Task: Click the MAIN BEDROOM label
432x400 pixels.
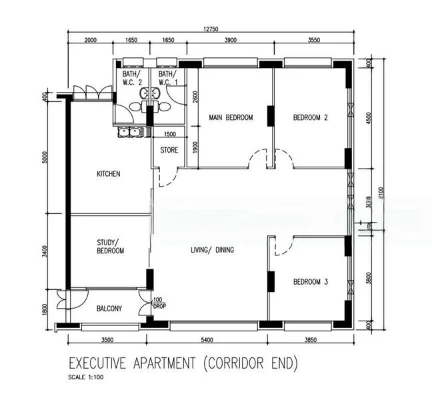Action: [231, 118]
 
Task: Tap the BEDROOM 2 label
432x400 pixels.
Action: [311, 118]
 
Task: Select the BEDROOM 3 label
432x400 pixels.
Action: [311, 282]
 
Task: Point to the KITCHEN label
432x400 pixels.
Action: [109, 174]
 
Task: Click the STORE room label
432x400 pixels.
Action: [169, 150]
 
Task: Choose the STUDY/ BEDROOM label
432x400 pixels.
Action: [108, 246]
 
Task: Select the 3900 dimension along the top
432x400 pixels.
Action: [229, 41]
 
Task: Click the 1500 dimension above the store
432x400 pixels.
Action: [170, 135]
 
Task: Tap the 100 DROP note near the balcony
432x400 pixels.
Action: [158, 303]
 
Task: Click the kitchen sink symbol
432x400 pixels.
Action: [129, 132]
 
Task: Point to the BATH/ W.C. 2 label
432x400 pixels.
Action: [131, 79]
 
